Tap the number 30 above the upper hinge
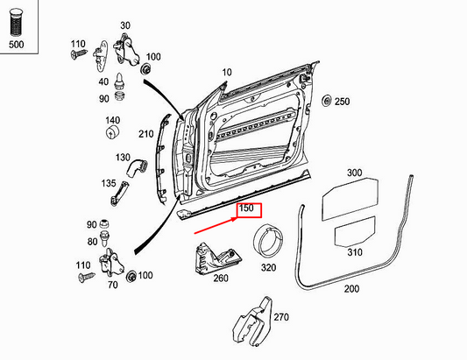pyautogui.click(x=124, y=25)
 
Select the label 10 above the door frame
pyautogui.click(x=227, y=72)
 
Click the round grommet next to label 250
pyautogui.click(x=327, y=102)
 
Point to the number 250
pyautogui.click(x=342, y=102)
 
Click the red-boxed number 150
pyautogui.click(x=246, y=210)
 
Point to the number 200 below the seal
pyautogui.click(x=351, y=288)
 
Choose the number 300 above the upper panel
pyautogui.click(x=354, y=173)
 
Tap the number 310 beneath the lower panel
pyautogui.click(x=355, y=252)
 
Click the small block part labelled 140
pyautogui.click(x=113, y=132)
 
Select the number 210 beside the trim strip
pyautogui.click(x=146, y=134)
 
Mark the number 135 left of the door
pyautogui.click(x=108, y=185)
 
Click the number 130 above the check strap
pyautogui.click(x=123, y=157)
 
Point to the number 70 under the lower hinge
pyautogui.click(x=112, y=285)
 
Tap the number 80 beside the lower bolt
pyautogui.click(x=93, y=242)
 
